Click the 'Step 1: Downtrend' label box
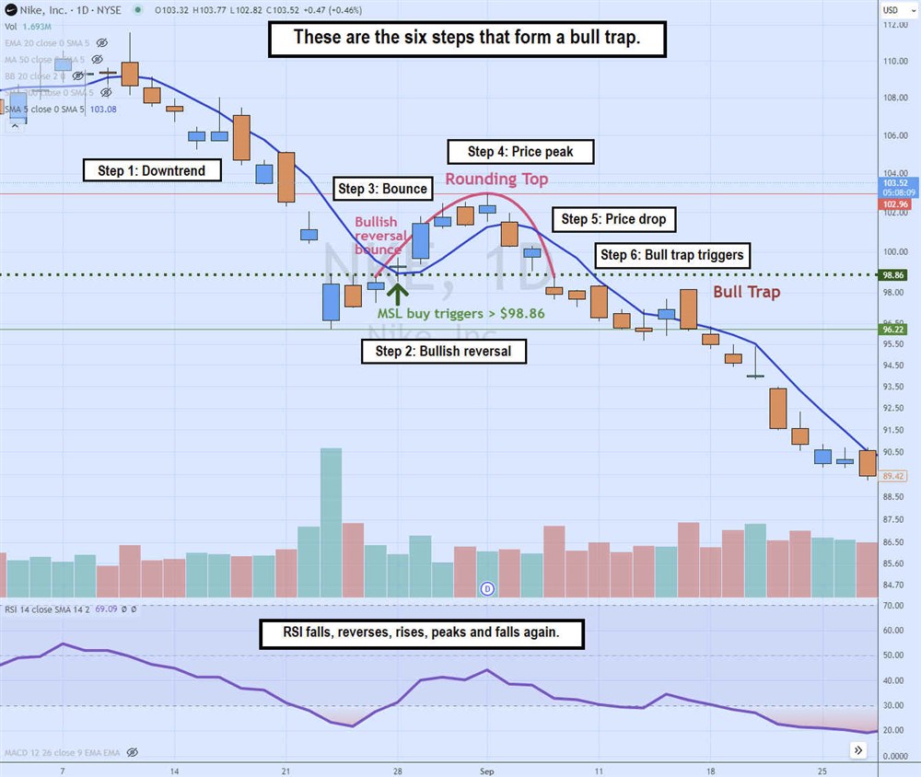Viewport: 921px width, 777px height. (151, 170)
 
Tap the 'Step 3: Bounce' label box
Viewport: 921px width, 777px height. (382, 189)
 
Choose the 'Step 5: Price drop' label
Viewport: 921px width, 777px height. (613, 219)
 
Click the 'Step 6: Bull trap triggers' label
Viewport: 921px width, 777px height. (671, 255)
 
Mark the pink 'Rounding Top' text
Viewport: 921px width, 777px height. (496, 179)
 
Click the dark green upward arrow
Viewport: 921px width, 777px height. (398, 293)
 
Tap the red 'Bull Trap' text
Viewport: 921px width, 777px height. (747, 292)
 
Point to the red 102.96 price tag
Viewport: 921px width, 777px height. (894, 204)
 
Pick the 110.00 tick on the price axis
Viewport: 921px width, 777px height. (894, 61)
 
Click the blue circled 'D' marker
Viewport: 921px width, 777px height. (488, 586)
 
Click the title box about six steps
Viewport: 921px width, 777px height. (466, 39)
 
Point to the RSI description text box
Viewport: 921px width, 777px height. (422, 632)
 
